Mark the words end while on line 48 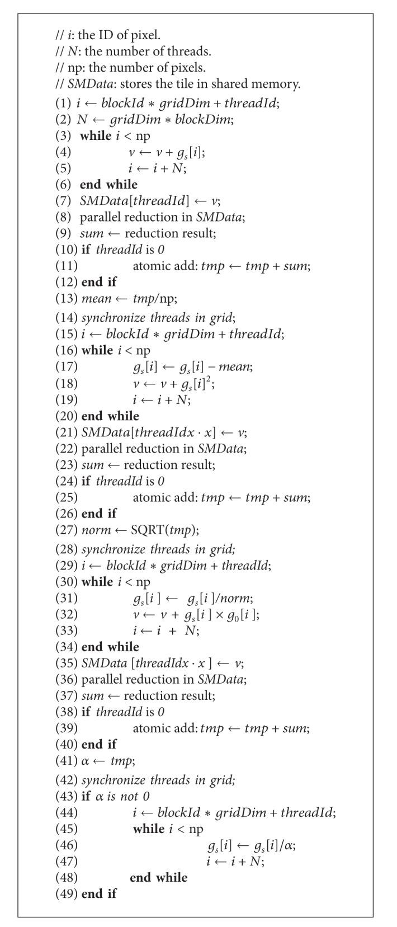158,877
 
